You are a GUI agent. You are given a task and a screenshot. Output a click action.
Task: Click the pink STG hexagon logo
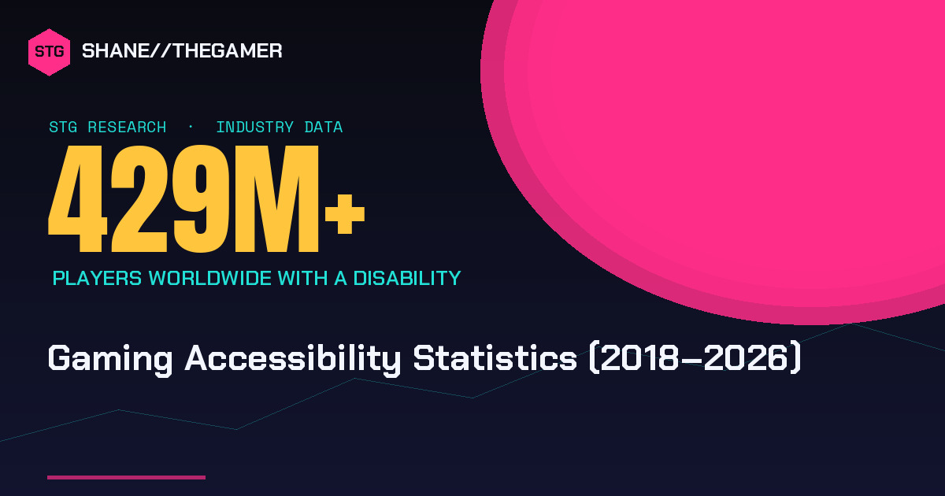coord(49,52)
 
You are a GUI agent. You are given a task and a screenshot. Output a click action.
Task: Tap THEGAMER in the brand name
coord(228,51)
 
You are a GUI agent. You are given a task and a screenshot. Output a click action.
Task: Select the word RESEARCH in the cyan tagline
coord(127,127)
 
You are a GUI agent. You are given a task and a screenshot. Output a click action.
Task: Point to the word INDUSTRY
coord(255,127)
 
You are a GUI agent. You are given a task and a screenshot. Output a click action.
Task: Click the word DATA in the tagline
coord(324,127)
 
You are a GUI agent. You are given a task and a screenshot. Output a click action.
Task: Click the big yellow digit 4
coord(78,198)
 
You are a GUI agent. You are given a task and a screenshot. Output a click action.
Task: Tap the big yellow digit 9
coord(202,198)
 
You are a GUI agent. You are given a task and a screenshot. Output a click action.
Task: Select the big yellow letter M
coord(276,198)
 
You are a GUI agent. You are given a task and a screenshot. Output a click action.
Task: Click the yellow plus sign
coord(345,214)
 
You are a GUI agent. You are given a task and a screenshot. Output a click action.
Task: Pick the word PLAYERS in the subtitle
coord(97,279)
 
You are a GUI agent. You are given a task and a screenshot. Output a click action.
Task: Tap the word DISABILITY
coord(407,279)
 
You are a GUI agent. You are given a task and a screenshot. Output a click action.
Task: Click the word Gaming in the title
coord(110,359)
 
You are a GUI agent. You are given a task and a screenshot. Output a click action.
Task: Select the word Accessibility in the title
coord(293,359)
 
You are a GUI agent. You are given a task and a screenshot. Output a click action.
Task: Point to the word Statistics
coord(495,358)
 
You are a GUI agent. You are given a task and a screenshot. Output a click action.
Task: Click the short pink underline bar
coord(126,477)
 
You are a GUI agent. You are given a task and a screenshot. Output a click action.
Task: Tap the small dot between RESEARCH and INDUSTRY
coord(191,127)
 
